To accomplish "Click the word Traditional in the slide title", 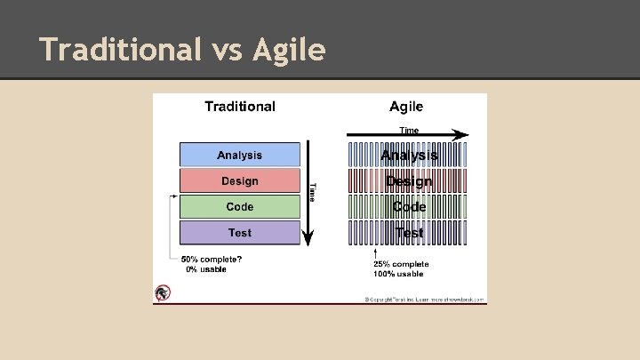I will (x=120, y=50).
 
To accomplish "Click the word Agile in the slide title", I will (x=288, y=50).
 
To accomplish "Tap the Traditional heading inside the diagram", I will (x=240, y=107).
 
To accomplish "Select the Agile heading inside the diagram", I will (x=406, y=107).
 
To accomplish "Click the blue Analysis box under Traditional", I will (x=240, y=156).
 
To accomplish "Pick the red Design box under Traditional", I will (x=240, y=181).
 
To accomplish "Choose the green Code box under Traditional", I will (x=240, y=207).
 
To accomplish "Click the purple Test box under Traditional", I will (x=240, y=233).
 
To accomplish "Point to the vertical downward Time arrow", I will (x=307, y=191).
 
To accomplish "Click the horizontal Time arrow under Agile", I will (x=407, y=135).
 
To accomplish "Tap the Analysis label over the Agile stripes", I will (x=409, y=156).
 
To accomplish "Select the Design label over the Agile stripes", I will (x=409, y=181).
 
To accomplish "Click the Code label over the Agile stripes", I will (x=409, y=207).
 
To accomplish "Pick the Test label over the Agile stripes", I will (x=409, y=233).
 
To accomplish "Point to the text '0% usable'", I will (x=206, y=269).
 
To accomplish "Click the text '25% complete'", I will (x=401, y=264).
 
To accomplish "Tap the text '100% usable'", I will (x=398, y=274).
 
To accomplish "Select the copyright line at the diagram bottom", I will (x=424, y=300).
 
